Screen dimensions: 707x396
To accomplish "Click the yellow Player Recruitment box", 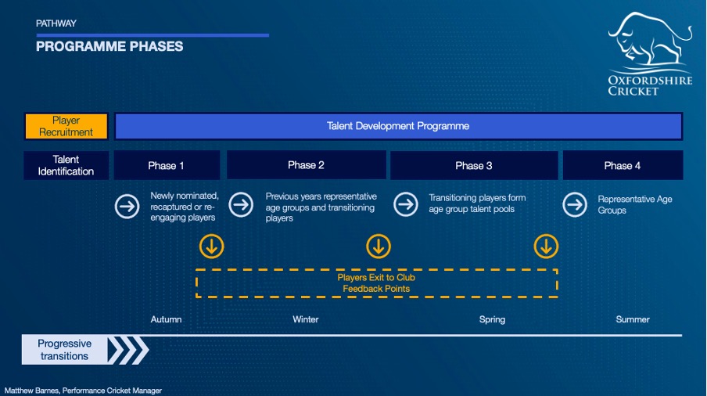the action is pyautogui.click(x=66, y=126).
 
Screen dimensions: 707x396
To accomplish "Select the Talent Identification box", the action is pyautogui.click(x=66, y=166).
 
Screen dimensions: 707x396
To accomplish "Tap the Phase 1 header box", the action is pyautogui.click(x=167, y=166).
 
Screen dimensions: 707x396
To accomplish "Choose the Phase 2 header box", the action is pyautogui.click(x=306, y=165).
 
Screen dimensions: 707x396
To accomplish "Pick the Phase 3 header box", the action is pyautogui.click(x=474, y=166).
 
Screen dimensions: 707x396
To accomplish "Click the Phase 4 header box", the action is pyautogui.click(x=623, y=166).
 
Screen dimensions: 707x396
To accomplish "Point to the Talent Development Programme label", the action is pyautogui.click(x=398, y=126).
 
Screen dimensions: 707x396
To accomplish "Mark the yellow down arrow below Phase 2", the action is pyautogui.click(x=379, y=247).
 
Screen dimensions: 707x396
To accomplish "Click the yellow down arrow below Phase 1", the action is pyautogui.click(x=211, y=247).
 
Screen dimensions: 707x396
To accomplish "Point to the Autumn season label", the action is pyautogui.click(x=166, y=319).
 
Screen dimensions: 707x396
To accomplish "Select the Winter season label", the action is pyautogui.click(x=306, y=319).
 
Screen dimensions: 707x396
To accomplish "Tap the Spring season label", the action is pyautogui.click(x=493, y=320).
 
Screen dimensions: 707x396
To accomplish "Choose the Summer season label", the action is pyautogui.click(x=633, y=319).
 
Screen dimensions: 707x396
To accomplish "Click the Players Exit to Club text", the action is pyautogui.click(x=376, y=277).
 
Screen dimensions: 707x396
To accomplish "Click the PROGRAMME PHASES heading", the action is pyautogui.click(x=109, y=46).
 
